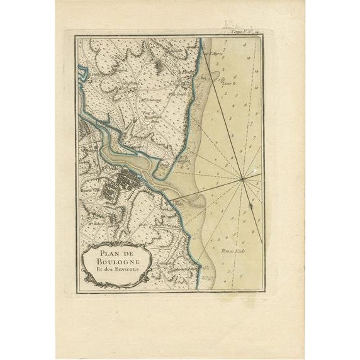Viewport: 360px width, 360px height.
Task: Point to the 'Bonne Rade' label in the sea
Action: point(232,250)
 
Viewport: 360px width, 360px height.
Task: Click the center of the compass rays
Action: point(242,180)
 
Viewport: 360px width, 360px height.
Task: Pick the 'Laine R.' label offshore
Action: point(227,82)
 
